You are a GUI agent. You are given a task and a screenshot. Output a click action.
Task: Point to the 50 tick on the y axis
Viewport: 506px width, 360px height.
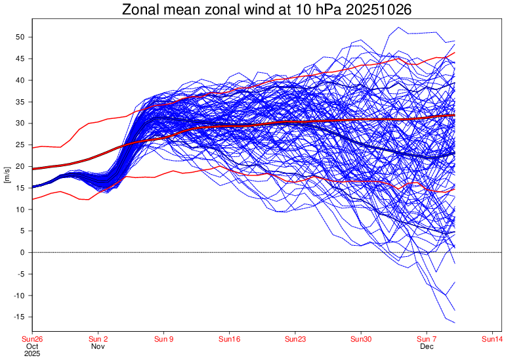pyautogui.click(x=20, y=37)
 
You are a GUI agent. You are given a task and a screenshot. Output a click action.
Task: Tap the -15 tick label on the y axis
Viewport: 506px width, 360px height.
pyautogui.click(x=18, y=317)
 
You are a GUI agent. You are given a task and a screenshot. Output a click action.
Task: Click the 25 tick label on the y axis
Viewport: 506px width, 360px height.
pyautogui.click(x=20, y=145)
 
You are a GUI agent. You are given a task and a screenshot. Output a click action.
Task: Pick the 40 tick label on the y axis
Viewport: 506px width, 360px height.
pyautogui.click(x=20, y=81)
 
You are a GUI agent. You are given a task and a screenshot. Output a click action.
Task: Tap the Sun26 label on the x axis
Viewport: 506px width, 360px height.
pyautogui.click(x=33, y=340)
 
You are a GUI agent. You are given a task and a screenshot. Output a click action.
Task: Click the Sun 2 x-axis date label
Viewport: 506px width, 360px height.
pyautogui.click(x=98, y=340)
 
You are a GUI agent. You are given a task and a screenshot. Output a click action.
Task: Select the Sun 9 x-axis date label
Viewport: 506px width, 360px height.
pyautogui.click(x=163, y=340)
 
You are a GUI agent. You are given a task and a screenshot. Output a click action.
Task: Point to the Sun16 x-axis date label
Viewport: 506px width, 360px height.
pyautogui.click(x=230, y=340)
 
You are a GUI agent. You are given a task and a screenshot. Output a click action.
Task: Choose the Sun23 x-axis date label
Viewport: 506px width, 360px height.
pyautogui.click(x=295, y=340)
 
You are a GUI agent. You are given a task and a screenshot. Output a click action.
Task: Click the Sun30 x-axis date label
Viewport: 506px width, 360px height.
pyautogui.click(x=361, y=340)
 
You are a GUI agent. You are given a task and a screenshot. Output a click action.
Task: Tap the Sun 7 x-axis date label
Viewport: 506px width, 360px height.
pyautogui.click(x=427, y=340)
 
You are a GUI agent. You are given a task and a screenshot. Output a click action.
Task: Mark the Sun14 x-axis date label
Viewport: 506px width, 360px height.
pyautogui.click(x=492, y=340)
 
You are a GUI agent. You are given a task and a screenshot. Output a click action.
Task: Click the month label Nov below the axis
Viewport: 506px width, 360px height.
pyautogui.click(x=98, y=346)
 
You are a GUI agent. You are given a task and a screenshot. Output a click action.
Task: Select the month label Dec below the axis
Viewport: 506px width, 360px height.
pyautogui.click(x=427, y=346)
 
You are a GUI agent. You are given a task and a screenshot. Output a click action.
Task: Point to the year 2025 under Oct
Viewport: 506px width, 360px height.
pyautogui.click(x=33, y=353)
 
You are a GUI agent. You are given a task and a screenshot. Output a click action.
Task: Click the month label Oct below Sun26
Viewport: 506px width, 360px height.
pyautogui.click(x=33, y=346)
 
